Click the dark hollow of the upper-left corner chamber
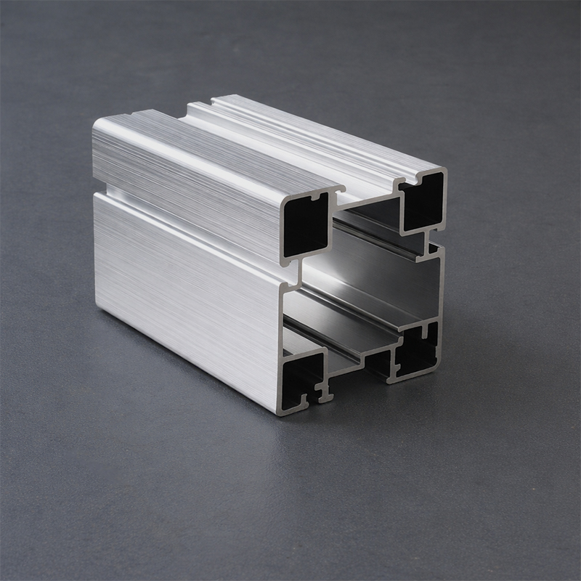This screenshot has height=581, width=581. point(305,225)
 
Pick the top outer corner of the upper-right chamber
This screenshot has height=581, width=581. point(444,171)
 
